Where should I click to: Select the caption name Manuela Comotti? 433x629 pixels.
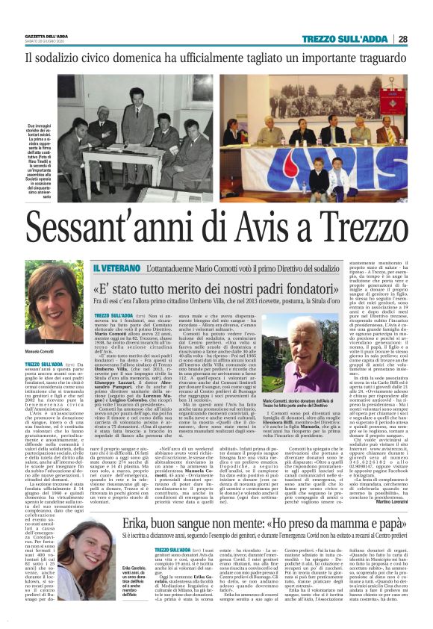click(x=46, y=350)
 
